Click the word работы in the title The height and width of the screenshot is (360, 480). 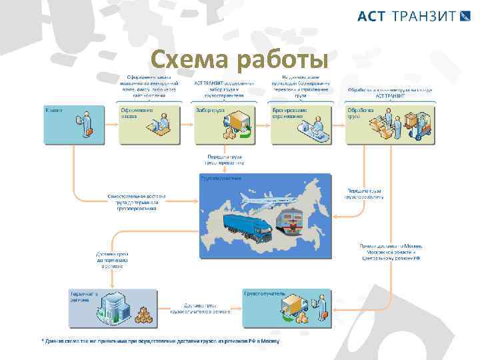(283, 61)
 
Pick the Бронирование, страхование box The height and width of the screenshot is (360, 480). (302, 124)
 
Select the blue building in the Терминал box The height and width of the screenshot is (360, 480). (109, 307)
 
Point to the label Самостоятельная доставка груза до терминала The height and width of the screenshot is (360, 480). (137, 202)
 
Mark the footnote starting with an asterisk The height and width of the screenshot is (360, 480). (160, 341)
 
